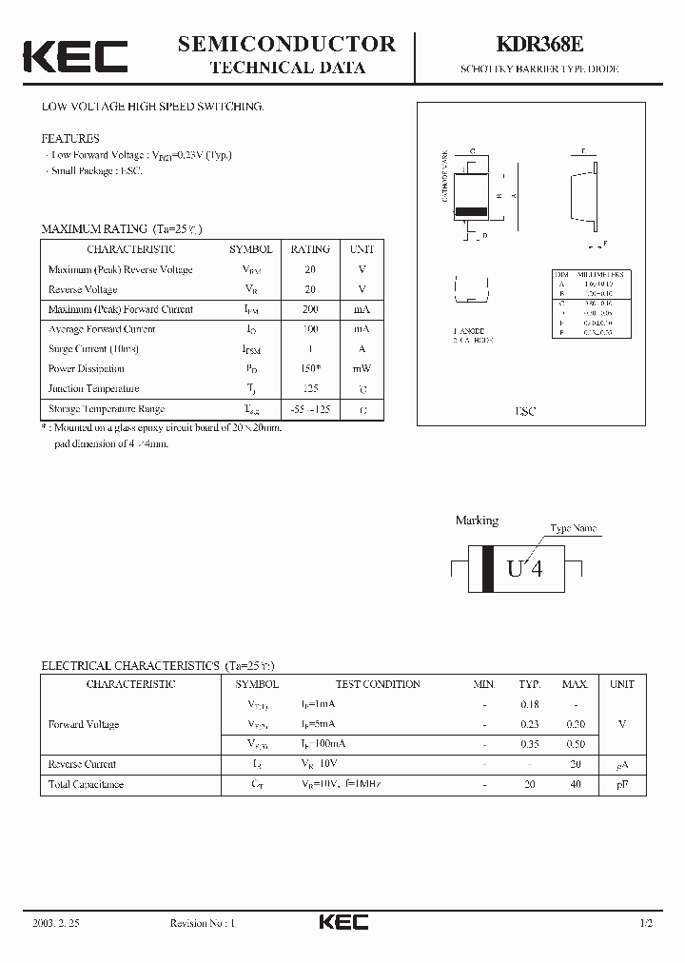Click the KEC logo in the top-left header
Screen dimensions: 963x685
tap(75, 56)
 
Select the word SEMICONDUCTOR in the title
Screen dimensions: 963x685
tap(286, 44)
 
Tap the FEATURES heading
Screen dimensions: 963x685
tap(69, 139)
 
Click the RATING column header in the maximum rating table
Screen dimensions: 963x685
tap(310, 249)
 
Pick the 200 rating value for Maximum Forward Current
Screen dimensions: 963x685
tap(310, 309)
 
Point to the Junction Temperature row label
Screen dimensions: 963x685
tap(93, 388)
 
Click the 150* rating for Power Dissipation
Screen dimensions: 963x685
tap(310, 368)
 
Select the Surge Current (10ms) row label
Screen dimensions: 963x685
tap(92, 349)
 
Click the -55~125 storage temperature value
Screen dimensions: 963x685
tap(310, 409)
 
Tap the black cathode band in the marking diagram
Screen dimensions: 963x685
tap(488, 569)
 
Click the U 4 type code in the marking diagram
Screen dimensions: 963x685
tap(524, 569)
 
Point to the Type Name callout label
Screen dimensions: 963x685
tap(574, 528)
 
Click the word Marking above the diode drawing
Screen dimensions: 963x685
tap(477, 521)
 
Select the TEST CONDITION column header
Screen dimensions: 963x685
tap(378, 684)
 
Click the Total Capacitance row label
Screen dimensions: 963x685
tap(86, 784)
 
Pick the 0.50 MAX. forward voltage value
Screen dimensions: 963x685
tap(575, 744)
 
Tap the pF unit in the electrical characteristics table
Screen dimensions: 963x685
tap(622, 784)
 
